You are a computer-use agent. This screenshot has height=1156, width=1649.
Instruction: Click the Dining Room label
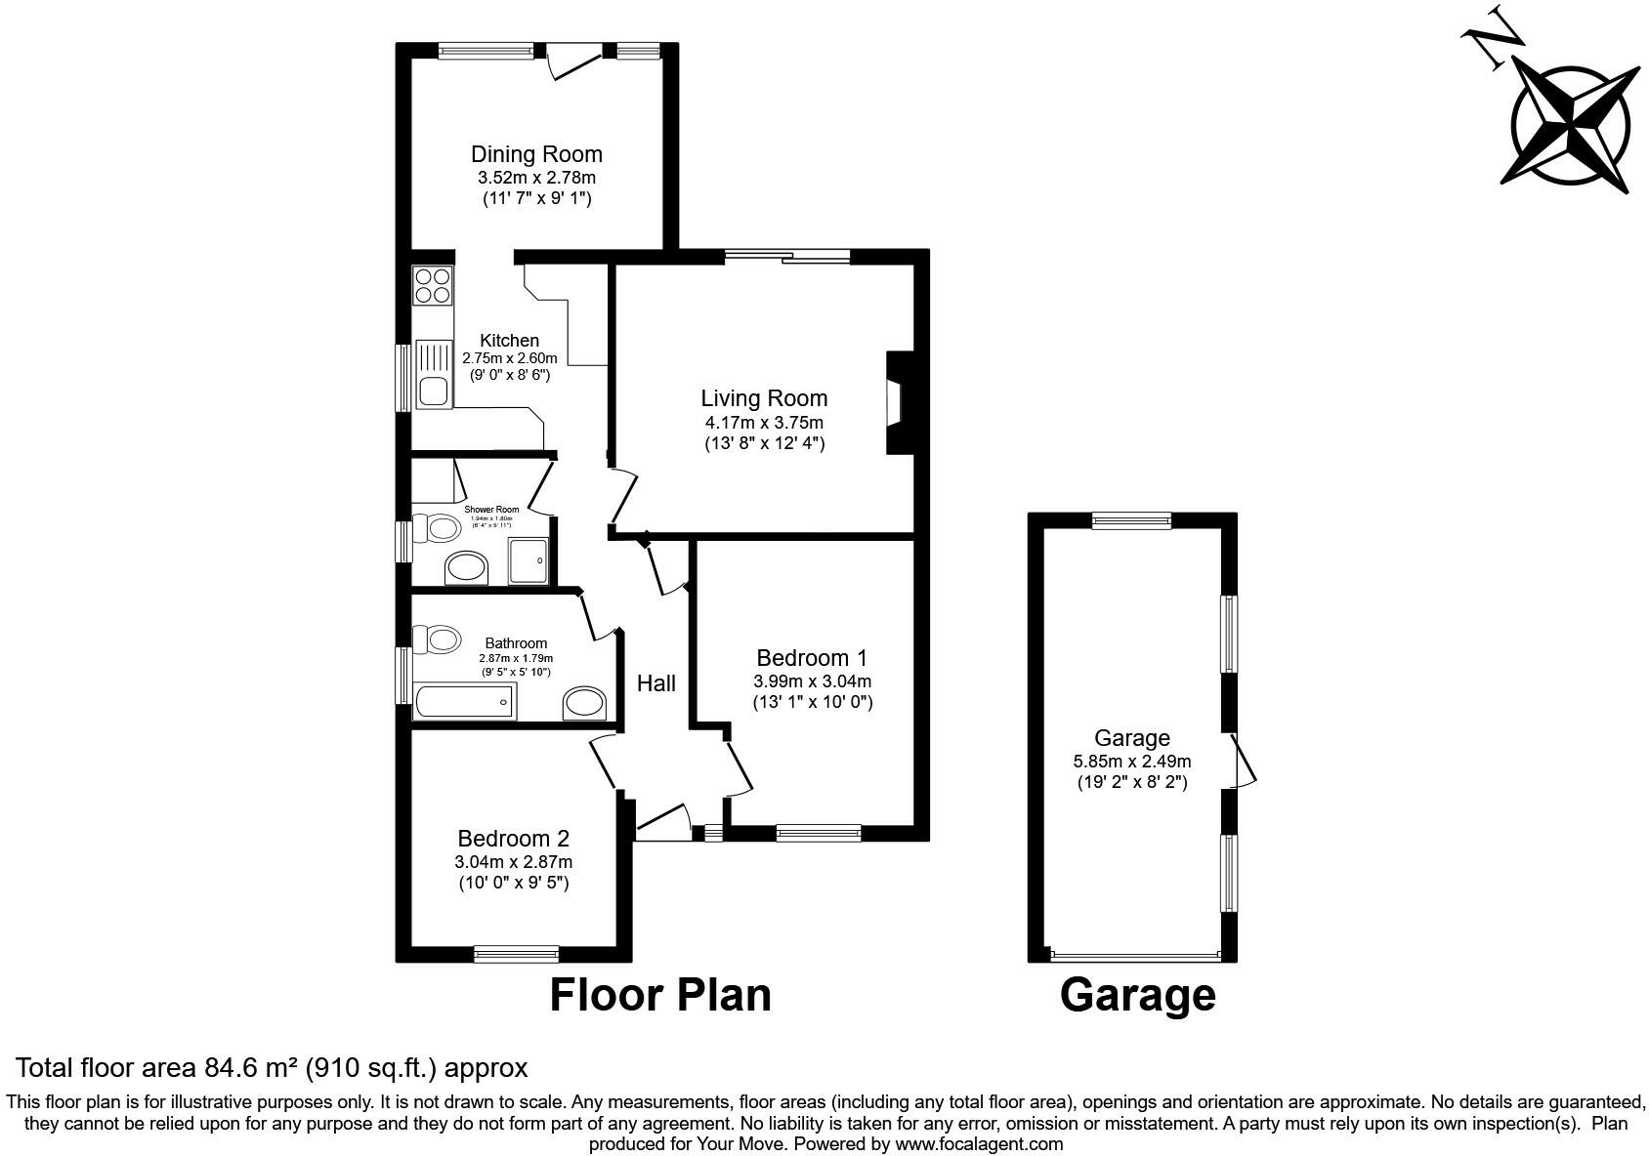(x=536, y=154)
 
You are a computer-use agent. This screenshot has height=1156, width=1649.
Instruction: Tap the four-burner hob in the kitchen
(x=432, y=284)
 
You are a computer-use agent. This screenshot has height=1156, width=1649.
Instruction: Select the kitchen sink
(x=434, y=374)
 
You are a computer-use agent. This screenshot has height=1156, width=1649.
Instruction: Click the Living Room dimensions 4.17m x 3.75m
(x=764, y=423)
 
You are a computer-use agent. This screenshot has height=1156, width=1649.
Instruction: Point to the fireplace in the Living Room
(x=895, y=401)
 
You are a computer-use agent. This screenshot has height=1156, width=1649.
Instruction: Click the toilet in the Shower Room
(x=439, y=529)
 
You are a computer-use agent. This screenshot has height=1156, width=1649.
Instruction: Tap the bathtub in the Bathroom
(x=464, y=701)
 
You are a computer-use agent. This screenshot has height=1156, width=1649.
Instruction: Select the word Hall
(x=656, y=683)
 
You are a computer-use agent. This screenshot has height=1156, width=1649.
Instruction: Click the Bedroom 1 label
(x=812, y=658)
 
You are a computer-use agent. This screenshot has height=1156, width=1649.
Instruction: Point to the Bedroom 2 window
(x=516, y=953)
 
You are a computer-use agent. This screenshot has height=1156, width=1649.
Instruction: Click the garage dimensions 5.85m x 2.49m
(x=1131, y=762)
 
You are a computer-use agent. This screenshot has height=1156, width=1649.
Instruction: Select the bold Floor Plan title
(x=660, y=995)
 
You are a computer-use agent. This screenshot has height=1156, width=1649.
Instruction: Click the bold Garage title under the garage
(x=1137, y=995)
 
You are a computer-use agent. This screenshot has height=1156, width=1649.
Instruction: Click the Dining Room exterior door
(x=574, y=61)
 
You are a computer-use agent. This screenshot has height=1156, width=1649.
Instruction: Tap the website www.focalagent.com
(x=979, y=1143)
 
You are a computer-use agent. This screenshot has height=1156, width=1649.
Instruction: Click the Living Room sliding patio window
(x=787, y=257)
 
